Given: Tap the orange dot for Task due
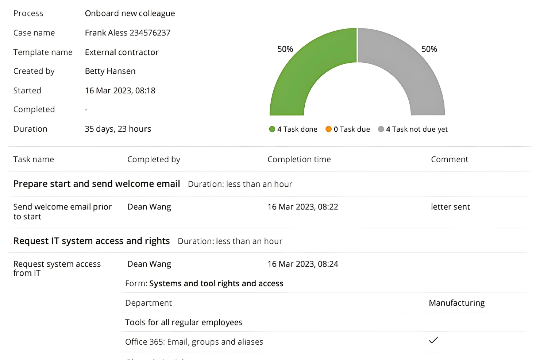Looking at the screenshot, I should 328,129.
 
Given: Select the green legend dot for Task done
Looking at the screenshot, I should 272,129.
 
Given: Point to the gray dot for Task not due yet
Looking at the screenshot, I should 381,129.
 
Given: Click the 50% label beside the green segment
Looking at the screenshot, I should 285,49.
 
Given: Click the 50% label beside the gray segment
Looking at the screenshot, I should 429,49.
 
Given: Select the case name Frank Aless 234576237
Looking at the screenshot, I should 127,33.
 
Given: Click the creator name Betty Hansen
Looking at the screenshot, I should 110,71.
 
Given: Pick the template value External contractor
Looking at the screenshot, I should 121,52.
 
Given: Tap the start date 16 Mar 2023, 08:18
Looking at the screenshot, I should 120,90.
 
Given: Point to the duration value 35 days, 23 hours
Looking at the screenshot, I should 118,129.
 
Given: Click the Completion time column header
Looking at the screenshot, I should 299,159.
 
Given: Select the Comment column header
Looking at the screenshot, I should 450,159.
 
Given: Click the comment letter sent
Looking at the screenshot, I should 450,207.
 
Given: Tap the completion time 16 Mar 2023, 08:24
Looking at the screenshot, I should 302,264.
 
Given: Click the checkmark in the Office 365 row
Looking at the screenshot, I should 433,340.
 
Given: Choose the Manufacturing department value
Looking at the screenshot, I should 456,303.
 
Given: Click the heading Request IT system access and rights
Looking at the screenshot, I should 92,241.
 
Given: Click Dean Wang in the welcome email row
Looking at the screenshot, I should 149,207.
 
